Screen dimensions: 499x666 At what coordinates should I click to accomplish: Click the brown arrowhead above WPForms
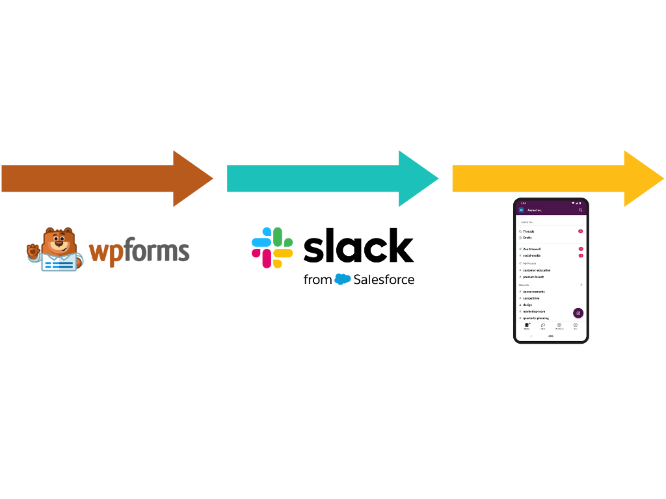[x=193, y=178]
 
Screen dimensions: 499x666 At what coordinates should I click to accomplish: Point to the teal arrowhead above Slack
[x=419, y=178]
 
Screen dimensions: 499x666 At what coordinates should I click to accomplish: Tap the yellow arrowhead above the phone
[x=644, y=178]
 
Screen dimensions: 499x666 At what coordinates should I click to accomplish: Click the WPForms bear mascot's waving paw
[x=33, y=250]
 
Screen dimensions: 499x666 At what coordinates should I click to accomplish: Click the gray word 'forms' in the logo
[x=155, y=251]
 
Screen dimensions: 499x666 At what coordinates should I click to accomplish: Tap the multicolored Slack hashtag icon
[x=272, y=248]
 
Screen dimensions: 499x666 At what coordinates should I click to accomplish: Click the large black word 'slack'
[x=358, y=246]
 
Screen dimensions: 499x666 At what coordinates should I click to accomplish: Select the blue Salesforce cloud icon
[x=343, y=280]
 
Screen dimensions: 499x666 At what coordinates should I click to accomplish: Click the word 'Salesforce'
[x=384, y=280]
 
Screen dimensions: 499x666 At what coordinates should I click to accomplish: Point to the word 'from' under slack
[x=317, y=280]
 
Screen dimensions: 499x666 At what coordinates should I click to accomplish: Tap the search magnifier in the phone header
[x=581, y=210]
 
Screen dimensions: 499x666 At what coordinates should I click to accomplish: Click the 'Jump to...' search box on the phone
[x=550, y=222]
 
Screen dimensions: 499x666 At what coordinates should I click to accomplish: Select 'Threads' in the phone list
[x=528, y=231]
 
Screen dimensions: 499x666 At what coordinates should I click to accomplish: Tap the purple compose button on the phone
[x=578, y=313]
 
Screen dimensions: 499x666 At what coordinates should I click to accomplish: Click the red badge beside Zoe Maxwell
[x=581, y=249]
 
